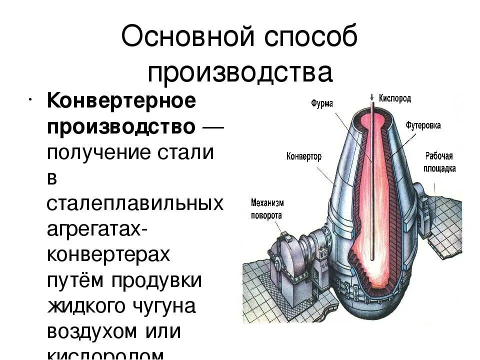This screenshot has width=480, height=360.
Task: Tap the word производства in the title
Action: tap(240, 72)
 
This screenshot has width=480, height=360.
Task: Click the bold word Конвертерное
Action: tap(121, 102)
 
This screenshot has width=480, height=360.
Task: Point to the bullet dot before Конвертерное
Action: tap(31, 96)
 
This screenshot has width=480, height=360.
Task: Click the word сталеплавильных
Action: tap(135, 204)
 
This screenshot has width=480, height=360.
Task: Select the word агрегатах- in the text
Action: tap(97, 229)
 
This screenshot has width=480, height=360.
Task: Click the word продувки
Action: tap(156, 280)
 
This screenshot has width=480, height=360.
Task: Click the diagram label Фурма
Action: tap(322, 103)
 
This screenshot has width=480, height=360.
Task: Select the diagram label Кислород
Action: tap(395, 98)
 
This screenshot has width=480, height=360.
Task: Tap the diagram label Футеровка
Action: tap(423, 125)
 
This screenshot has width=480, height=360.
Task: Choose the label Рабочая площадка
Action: tap(440, 162)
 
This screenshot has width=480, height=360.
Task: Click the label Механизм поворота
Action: tap(266, 209)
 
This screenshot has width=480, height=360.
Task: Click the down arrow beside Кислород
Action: tap(371, 97)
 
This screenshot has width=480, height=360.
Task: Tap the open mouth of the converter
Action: tap(371, 116)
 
